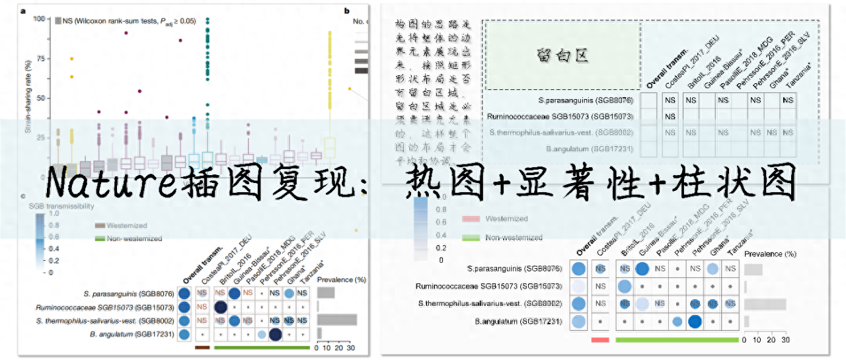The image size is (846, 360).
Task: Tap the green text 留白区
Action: [x=562, y=55]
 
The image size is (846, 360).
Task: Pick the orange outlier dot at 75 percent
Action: [x=71, y=59]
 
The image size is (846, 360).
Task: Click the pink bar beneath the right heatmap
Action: [x=599, y=339]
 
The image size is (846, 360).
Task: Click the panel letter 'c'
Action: [x=24, y=196]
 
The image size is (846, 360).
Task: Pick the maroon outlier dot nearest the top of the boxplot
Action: [x=126, y=33]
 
